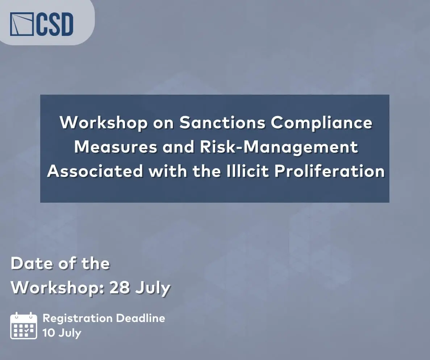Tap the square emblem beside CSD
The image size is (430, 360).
[x=22, y=24]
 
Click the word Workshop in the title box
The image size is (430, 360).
[x=104, y=123]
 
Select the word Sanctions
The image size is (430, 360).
[x=222, y=123]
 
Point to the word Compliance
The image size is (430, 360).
[x=322, y=123]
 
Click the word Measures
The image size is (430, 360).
[x=116, y=147]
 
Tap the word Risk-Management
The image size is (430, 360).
[x=279, y=147]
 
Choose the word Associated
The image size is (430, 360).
[x=95, y=171]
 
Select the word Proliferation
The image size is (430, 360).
[x=330, y=171]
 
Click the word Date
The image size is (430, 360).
[x=32, y=264]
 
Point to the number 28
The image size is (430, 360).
[x=120, y=288]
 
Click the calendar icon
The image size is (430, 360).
[x=24, y=326]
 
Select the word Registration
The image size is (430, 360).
[x=78, y=319]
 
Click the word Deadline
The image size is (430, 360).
[x=141, y=318]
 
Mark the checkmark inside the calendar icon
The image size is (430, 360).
[x=26, y=331]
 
